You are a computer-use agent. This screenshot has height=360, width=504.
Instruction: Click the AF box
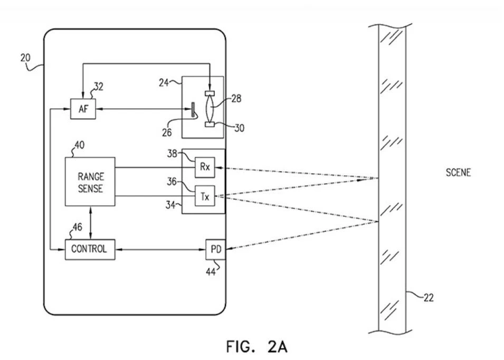(x=83, y=109)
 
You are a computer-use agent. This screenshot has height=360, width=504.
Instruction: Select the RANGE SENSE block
(x=90, y=182)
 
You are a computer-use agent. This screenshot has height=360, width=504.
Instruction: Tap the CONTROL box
(x=90, y=250)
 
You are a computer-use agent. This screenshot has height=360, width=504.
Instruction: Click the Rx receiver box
(x=205, y=167)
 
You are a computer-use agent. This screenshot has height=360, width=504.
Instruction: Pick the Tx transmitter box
(x=205, y=196)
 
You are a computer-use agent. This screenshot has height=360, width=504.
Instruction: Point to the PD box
(x=216, y=250)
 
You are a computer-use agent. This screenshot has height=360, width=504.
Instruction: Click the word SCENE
(x=458, y=173)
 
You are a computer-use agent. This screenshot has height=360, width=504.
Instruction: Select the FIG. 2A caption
(x=257, y=346)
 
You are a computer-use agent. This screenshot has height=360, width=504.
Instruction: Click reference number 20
(x=25, y=58)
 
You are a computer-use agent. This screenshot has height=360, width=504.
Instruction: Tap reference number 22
(x=428, y=298)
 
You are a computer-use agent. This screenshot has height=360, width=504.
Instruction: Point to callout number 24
(x=164, y=82)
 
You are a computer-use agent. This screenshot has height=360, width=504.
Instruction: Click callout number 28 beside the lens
(x=236, y=98)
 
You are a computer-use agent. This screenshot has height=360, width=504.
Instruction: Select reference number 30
(x=239, y=128)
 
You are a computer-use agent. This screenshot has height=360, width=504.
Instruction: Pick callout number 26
(x=167, y=132)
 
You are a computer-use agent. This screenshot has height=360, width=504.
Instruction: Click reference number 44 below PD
(x=211, y=272)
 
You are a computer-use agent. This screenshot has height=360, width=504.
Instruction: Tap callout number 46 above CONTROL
(x=77, y=228)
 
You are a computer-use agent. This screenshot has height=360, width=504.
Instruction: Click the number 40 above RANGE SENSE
(x=79, y=145)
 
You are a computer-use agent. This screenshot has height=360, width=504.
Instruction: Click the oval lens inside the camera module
(x=210, y=109)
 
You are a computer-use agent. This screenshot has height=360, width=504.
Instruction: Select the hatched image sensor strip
(x=193, y=110)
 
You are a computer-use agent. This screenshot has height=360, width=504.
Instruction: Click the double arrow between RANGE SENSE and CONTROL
(x=90, y=223)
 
